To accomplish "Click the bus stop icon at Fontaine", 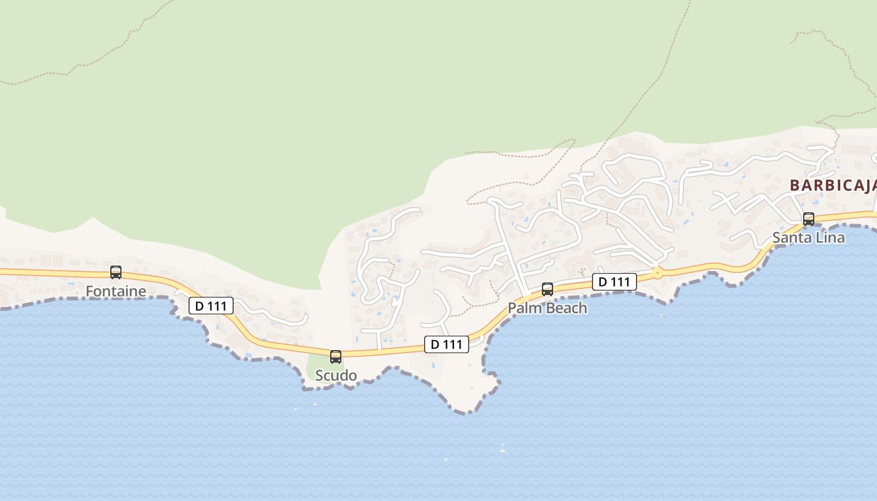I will (116, 272).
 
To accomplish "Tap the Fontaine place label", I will (116, 291).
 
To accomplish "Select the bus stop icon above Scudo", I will (336, 357).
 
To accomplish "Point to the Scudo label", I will (336, 376).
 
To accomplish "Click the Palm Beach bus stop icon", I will (547, 289).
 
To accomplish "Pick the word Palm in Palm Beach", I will (522, 308).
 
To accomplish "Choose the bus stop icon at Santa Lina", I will (809, 219).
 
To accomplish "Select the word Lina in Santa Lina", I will (829, 238).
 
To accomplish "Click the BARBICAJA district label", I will (833, 185).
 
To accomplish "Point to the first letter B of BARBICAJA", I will (794, 185).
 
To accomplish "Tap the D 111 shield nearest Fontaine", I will (211, 306).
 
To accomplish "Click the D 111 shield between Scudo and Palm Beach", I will (447, 344).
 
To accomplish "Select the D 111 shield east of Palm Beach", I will (615, 282).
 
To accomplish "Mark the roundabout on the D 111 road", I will (657, 272).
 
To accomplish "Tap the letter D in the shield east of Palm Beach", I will (603, 282).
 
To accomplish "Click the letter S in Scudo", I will (319, 376).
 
